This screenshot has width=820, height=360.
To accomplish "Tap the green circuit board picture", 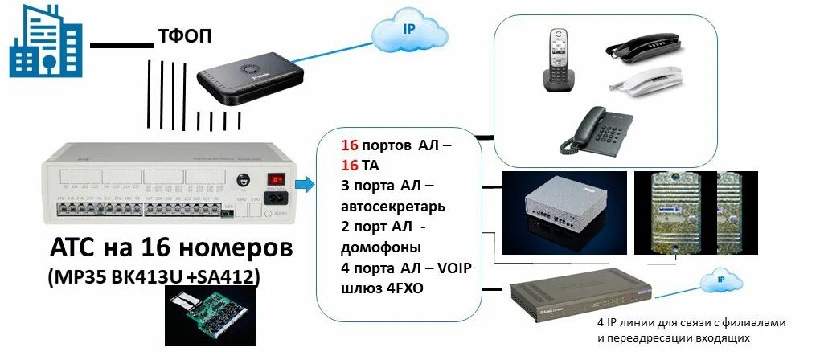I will click(204, 317).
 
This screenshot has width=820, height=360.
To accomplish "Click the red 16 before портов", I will click(350, 146).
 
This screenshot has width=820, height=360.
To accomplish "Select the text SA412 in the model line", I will click(235, 277).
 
